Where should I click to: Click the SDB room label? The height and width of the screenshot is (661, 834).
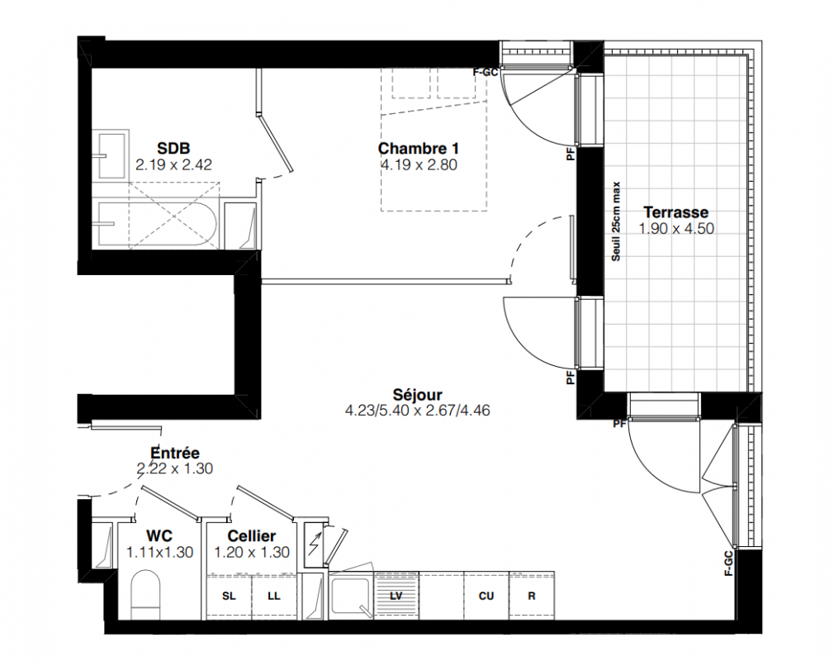click(x=173, y=148)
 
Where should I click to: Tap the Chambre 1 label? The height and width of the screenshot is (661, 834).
click(x=418, y=148)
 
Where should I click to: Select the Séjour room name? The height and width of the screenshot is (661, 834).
click(x=418, y=394)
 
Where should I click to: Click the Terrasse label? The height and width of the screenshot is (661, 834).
click(x=676, y=212)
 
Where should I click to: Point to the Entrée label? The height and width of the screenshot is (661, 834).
click(x=175, y=453)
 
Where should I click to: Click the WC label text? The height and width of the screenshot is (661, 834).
click(x=159, y=536)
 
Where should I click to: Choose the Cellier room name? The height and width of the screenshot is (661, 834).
click(x=252, y=536)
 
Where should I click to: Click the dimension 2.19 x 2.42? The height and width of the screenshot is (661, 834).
click(x=173, y=165)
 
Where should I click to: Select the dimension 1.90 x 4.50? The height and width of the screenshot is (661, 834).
click(x=676, y=229)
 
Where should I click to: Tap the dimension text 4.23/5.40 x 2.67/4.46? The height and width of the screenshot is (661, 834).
click(x=418, y=411)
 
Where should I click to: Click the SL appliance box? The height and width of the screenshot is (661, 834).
click(x=229, y=596)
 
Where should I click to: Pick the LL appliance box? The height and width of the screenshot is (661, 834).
click(x=274, y=596)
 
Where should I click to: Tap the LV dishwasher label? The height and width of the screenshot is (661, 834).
click(x=396, y=596)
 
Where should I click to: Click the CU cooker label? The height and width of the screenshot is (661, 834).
click(x=486, y=596)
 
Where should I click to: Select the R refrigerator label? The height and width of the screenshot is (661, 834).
click(x=531, y=596)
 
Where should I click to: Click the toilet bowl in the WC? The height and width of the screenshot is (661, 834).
click(x=145, y=594)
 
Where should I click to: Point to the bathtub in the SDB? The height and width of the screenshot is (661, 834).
click(x=154, y=224)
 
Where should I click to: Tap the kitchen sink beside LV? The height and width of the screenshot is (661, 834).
click(x=351, y=596)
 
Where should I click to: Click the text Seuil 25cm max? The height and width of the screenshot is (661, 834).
click(x=616, y=221)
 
